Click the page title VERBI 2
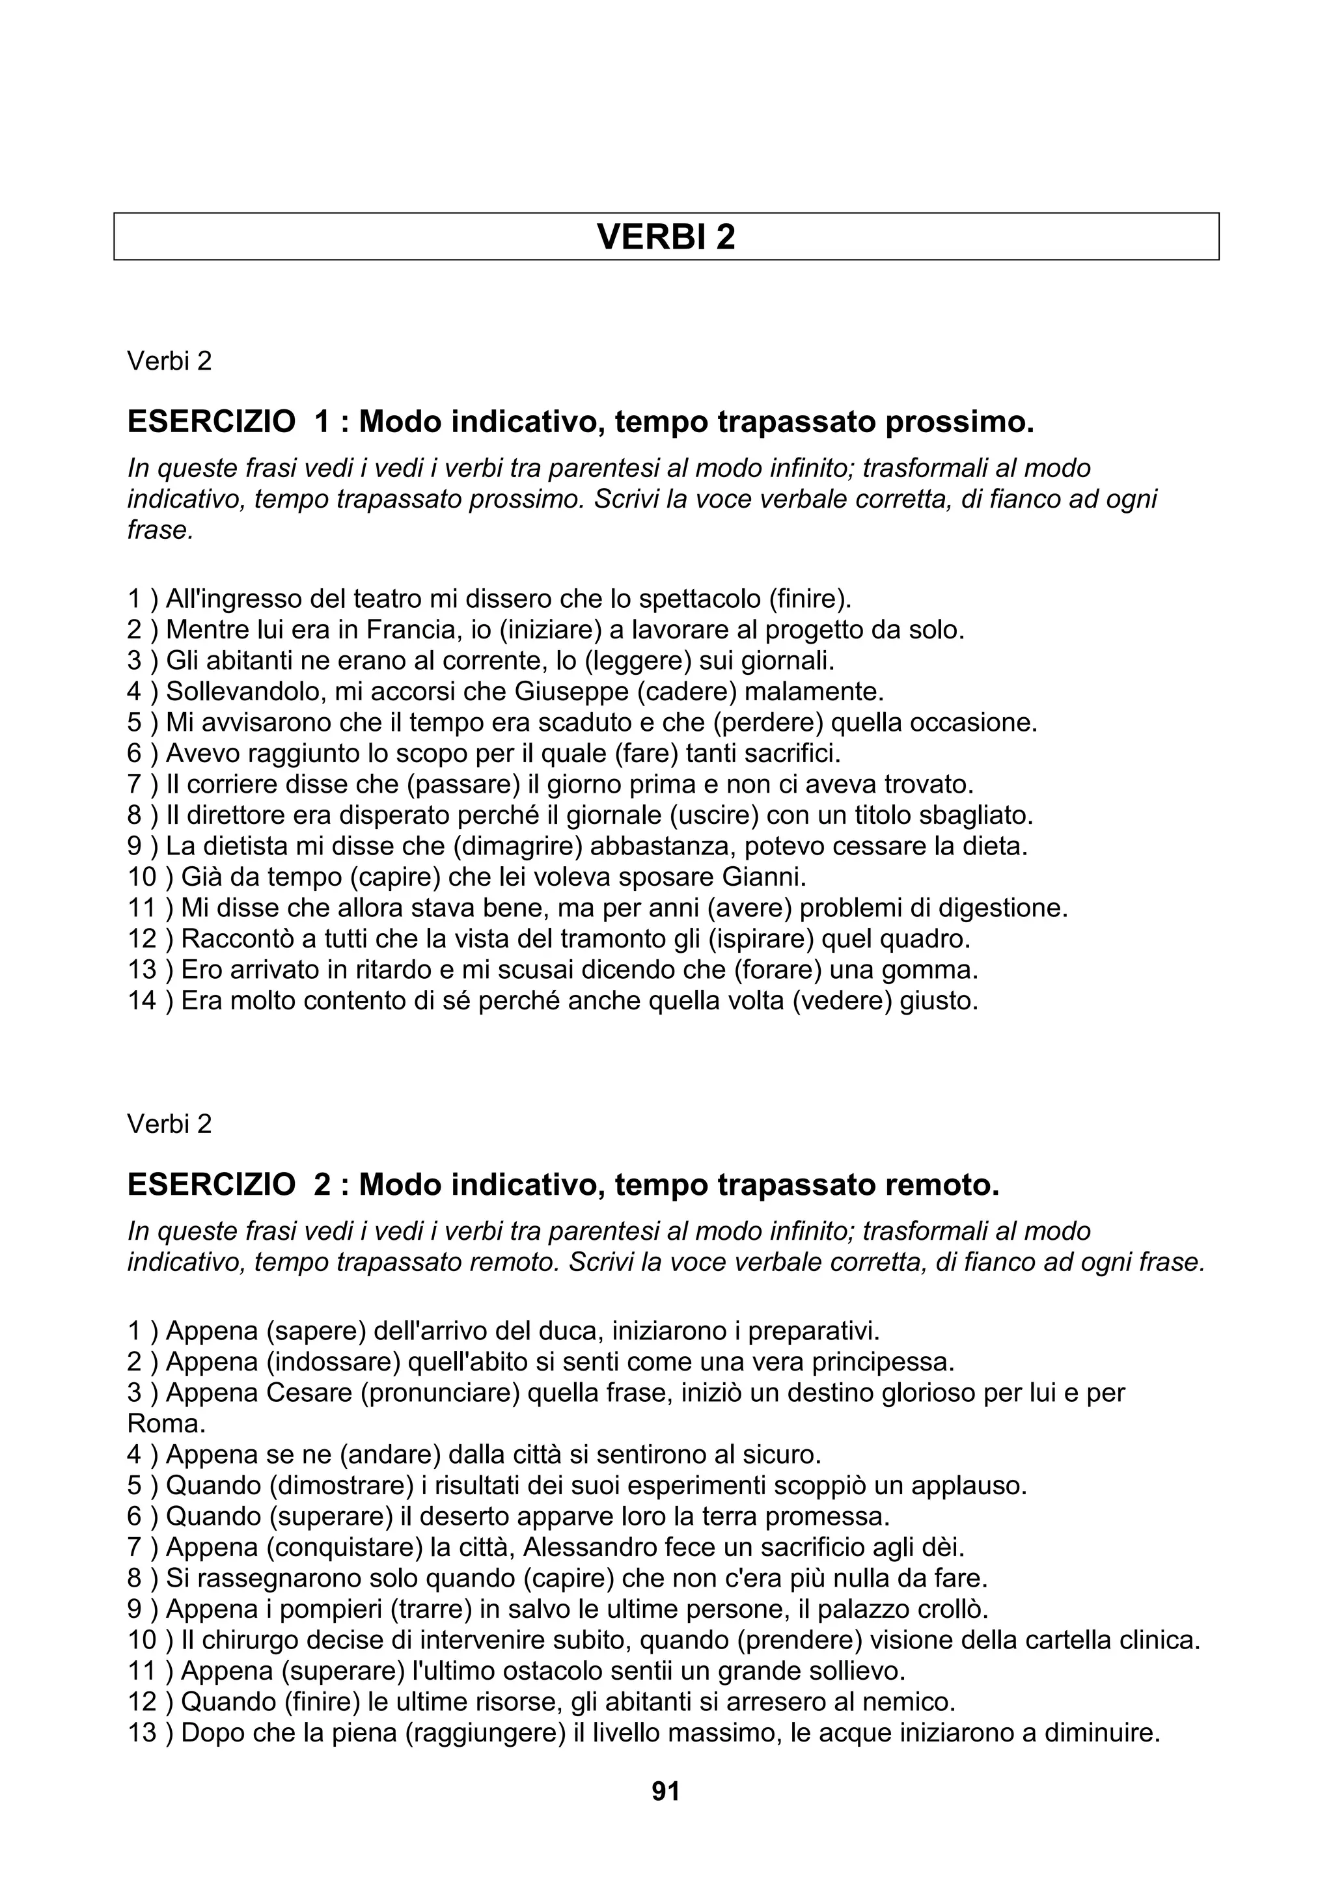pos(665,238)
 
